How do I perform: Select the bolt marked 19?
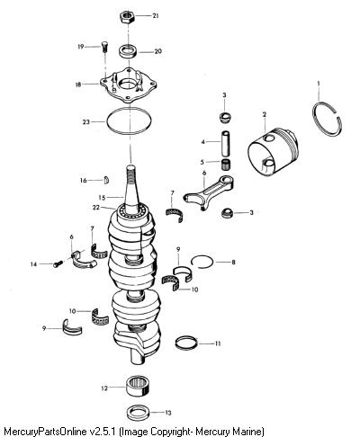coord(104,47)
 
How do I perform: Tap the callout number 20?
coord(157,51)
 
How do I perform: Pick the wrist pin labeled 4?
coord(226,143)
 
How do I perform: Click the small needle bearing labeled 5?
coord(225,165)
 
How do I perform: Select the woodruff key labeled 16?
coord(106,180)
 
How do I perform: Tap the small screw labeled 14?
coord(58,263)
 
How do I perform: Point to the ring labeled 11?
coord(186,343)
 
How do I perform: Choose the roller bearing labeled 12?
coord(138,386)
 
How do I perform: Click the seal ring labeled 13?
coord(139,413)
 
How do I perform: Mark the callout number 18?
coord(78,85)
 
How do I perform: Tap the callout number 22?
coord(96,207)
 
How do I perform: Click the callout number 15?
coord(102,198)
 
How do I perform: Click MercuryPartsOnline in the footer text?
coord(46,432)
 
